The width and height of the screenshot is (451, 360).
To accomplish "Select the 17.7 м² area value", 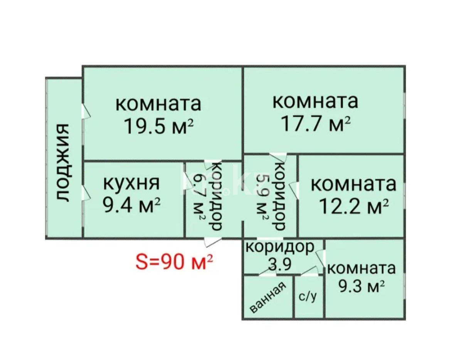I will (316, 123).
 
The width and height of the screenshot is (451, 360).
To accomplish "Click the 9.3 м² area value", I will (361, 287).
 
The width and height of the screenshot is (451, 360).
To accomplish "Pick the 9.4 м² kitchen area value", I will (131, 206).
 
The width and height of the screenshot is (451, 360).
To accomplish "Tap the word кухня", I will (131, 184).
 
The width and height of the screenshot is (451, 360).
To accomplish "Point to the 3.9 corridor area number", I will (279, 265).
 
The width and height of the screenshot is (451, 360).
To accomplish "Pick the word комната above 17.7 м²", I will (316, 101).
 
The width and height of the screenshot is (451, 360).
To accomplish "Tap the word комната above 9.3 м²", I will (361, 268).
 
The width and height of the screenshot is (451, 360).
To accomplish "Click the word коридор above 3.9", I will (279, 247).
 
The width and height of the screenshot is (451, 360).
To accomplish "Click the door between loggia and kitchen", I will (86, 193).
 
